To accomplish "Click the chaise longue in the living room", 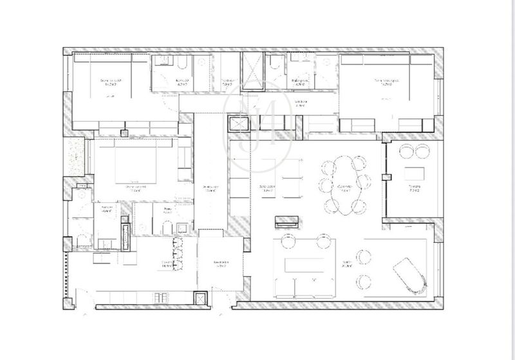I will pos(409,276).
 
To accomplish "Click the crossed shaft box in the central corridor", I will pos(240,124).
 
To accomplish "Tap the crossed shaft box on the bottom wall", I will pos(201,298).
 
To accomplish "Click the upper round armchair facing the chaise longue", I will pos(365,257).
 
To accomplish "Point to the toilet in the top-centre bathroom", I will pos(275,62).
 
